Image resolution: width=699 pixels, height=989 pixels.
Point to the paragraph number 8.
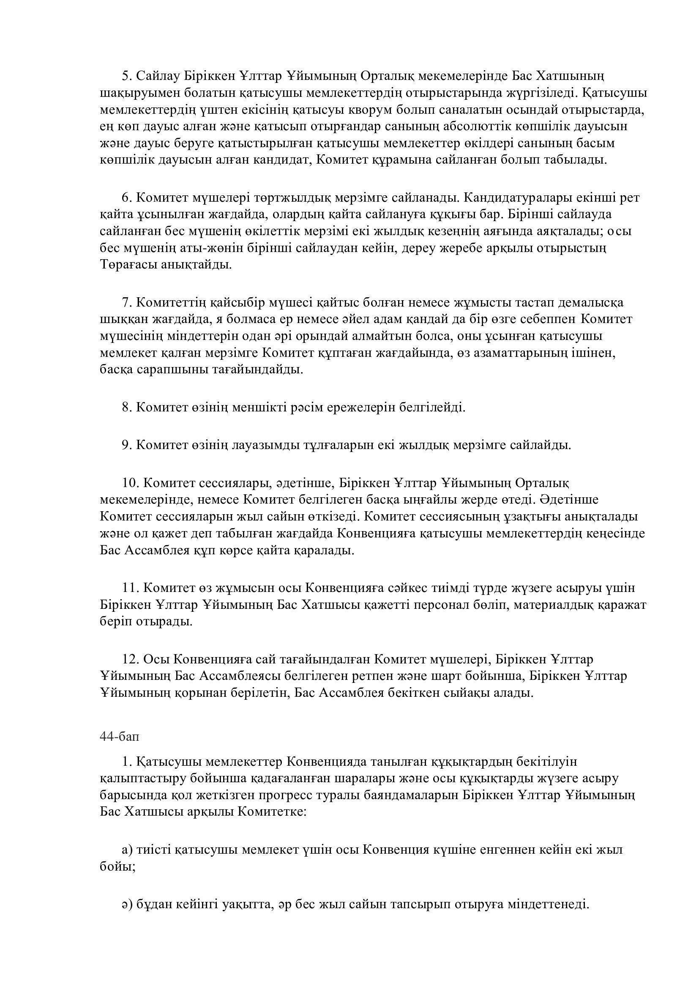pos(126,407)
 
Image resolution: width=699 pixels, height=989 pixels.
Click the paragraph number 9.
pos(126,444)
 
